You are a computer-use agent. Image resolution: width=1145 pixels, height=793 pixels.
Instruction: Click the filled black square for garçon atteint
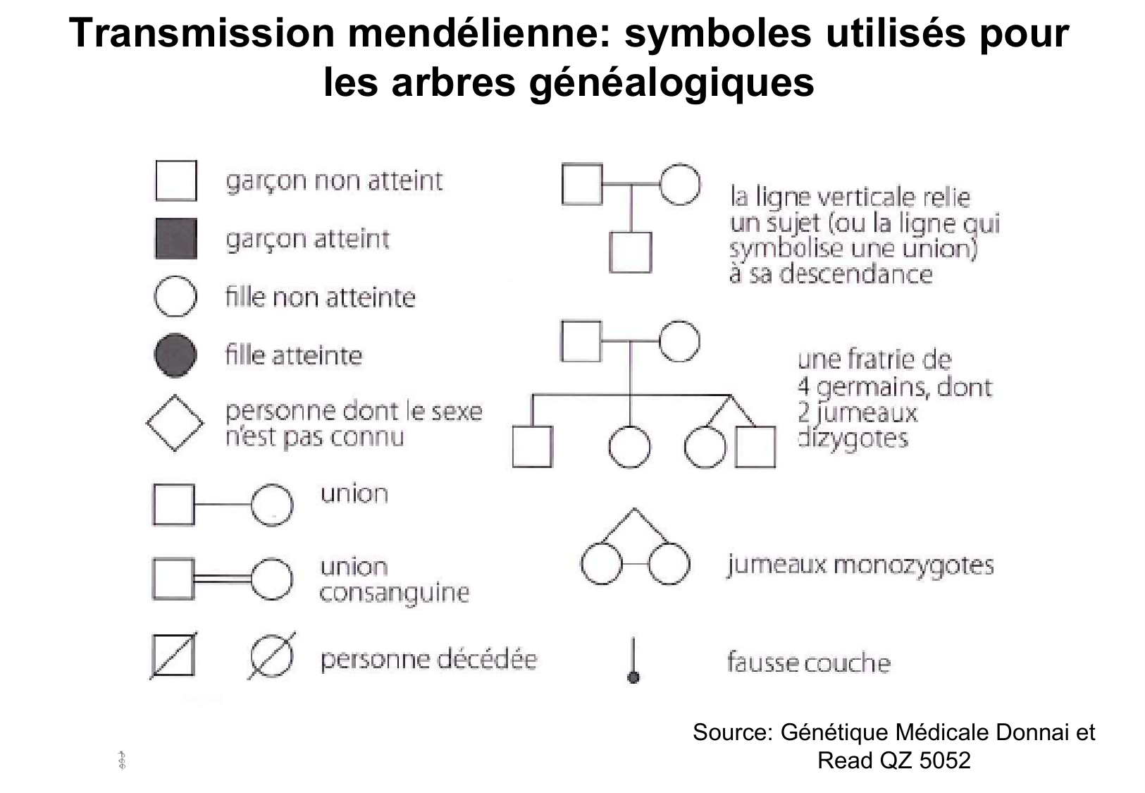pyautogui.click(x=175, y=239)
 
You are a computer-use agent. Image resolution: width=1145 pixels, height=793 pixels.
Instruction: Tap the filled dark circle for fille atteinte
pyautogui.click(x=175, y=355)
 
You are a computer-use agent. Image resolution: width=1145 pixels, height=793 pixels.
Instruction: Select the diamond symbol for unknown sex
pyautogui.click(x=175, y=424)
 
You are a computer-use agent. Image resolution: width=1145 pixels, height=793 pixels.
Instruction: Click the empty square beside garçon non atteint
pyautogui.click(x=175, y=180)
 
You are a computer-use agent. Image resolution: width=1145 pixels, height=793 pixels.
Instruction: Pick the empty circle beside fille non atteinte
pyautogui.click(x=175, y=297)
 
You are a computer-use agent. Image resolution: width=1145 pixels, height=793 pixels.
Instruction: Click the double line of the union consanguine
pyautogui.click(x=222, y=578)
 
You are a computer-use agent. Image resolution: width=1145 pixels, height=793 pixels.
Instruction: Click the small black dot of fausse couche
pyautogui.click(x=633, y=677)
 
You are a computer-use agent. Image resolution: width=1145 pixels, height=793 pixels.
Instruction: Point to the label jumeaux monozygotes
pyautogui.click(x=860, y=565)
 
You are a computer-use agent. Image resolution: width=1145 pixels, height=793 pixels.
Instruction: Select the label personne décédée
pyautogui.click(x=428, y=659)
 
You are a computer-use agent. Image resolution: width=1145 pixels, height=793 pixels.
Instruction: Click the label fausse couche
pyautogui.click(x=808, y=663)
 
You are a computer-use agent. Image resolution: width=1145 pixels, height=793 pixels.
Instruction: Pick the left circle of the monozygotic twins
pyautogui.click(x=601, y=564)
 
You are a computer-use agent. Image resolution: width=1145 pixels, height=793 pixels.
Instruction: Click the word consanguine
pyautogui.click(x=394, y=593)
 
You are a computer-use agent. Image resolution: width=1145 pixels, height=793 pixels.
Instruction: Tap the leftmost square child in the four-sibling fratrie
pyautogui.click(x=532, y=447)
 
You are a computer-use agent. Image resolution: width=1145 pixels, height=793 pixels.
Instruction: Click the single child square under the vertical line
pyautogui.click(x=630, y=252)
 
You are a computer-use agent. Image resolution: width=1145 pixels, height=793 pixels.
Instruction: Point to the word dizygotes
pyautogui.click(x=853, y=438)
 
